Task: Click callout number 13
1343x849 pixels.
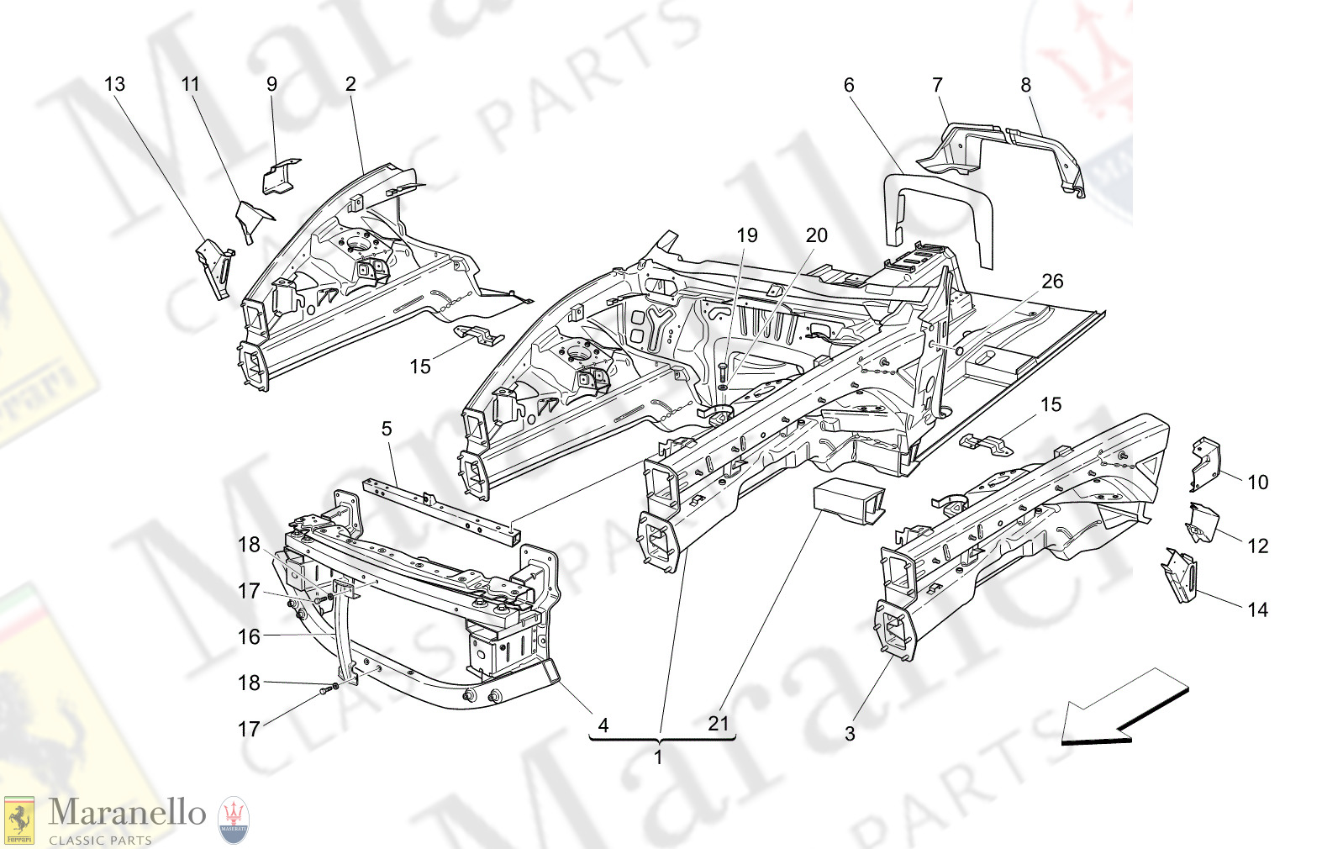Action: [x=114, y=84]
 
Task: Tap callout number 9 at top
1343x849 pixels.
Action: [x=271, y=84]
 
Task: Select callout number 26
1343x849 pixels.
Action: [x=1052, y=282]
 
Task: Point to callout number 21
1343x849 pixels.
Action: [x=718, y=723]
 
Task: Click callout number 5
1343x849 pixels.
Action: [x=387, y=429]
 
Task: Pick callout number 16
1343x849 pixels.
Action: [x=249, y=636]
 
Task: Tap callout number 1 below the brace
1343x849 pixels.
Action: [x=658, y=757]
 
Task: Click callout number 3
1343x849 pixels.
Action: [x=850, y=734]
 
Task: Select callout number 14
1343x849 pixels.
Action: [x=1257, y=609]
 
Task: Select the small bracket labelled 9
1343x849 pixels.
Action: [x=280, y=177]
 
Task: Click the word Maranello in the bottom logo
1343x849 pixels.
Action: [x=127, y=813]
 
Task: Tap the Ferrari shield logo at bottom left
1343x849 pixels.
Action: [x=19, y=820]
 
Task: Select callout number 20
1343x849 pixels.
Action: [x=816, y=236]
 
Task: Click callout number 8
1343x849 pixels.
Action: [x=1025, y=85]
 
